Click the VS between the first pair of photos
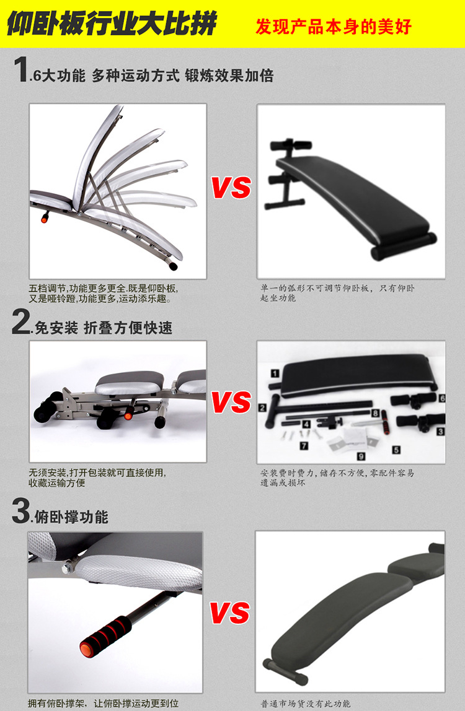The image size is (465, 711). [231, 187]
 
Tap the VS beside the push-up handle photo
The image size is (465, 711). [230, 612]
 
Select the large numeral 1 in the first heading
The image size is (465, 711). [21, 69]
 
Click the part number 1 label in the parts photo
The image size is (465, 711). [275, 373]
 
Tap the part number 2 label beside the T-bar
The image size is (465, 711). [262, 408]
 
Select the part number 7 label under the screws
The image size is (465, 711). [304, 446]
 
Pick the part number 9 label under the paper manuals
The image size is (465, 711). [361, 456]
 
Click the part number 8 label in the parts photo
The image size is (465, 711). [376, 413]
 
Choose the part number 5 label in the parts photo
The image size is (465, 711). [396, 450]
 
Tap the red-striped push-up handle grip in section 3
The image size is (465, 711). [105, 634]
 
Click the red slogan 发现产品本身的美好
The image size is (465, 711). [334, 26]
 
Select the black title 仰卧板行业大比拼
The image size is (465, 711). [112, 24]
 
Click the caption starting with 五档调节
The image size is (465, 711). [104, 294]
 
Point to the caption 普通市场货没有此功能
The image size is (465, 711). [305, 704]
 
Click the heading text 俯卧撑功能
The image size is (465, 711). [71, 517]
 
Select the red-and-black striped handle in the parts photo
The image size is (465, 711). [386, 422]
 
